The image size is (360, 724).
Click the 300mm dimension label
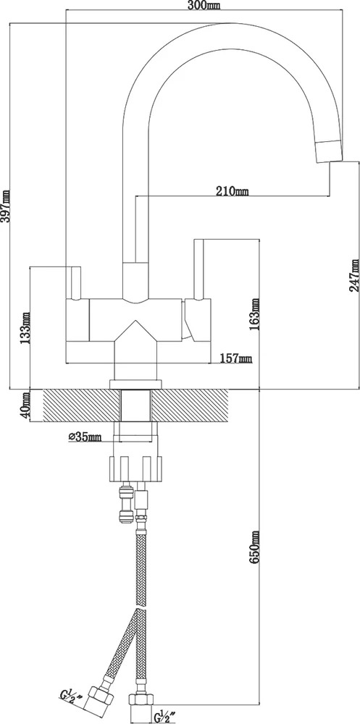204,5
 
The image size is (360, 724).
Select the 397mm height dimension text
6,206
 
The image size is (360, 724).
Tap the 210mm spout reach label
232,190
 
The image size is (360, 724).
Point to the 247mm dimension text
354,274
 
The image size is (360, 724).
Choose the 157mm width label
235,358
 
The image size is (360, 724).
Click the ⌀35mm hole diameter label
85,437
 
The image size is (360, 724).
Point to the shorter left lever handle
76,283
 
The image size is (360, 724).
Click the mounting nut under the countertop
136,468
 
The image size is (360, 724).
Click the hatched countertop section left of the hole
82,405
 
